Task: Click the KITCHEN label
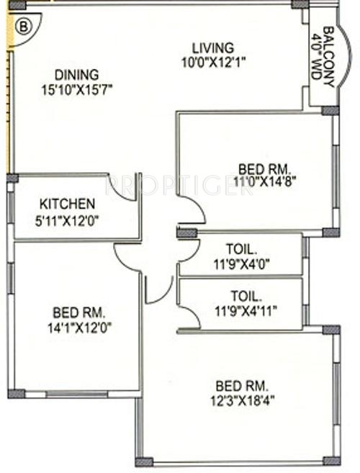coord(66,203)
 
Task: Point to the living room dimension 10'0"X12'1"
coord(214,62)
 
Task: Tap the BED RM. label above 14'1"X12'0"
coord(79,312)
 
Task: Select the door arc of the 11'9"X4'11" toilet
coord(189,315)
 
